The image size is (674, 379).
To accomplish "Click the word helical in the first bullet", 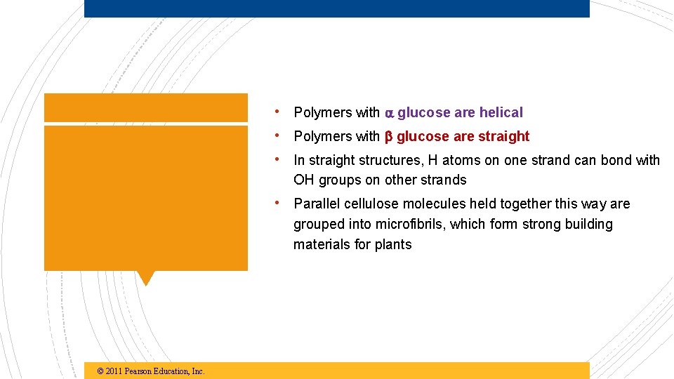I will [x=501, y=112].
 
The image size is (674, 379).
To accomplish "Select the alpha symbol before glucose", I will [x=390, y=113].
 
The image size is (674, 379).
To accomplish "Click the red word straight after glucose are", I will [x=503, y=136].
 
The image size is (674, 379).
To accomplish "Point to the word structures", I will [x=387, y=160].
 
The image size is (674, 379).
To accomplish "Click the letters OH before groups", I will [x=304, y=180].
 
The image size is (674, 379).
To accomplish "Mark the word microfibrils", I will [x=410, y=224].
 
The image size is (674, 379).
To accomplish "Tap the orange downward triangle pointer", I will [x=145, y=277].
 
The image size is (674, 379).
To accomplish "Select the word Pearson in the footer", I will [x=140, y=371].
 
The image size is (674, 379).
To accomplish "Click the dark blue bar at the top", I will [x=337, y=8].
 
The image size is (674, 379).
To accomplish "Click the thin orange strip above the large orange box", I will [x=145, y=107].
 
